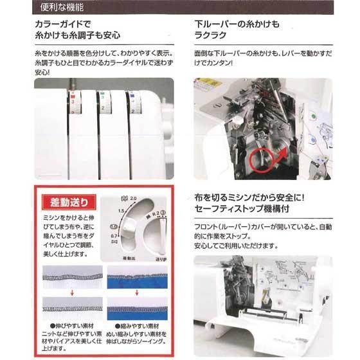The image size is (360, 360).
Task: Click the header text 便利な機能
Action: coord(64,10)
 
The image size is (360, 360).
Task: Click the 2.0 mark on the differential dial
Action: coord(133,200)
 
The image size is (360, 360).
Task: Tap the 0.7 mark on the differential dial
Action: coord(114,237)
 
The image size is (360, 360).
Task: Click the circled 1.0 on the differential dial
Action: coord(114,226)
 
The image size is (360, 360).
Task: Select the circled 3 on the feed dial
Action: coord(165,213)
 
